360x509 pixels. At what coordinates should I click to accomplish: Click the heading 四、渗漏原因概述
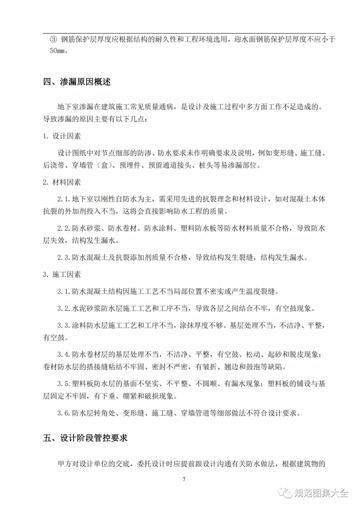(x=77, y=82)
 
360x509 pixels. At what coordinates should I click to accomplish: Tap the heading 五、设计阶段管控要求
(x=85, y=438)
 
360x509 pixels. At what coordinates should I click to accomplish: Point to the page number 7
(x=184, y=479)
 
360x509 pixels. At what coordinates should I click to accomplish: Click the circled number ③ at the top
(x=54, y=39)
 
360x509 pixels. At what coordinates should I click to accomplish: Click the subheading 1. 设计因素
(x=62, y=136)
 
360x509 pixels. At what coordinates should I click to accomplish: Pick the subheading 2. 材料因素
(x=62, y=182)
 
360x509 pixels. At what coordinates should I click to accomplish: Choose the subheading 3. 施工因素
(x=62, y=274)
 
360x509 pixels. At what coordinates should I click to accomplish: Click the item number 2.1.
(x=64, y=199)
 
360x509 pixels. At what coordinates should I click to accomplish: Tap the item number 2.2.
(x=64, y=229)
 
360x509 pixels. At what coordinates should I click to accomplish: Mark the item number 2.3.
(x=64, y=258)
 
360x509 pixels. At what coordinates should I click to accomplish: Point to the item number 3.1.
(x=64, y=292)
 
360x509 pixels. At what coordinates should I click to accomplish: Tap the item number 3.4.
(x=64, y=355)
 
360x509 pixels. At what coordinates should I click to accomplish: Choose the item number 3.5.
(x=64, y=384)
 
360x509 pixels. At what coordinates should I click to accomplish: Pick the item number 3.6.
(x=64, y=413)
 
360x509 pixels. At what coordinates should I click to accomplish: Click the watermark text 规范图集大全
(x=321, y=493)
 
